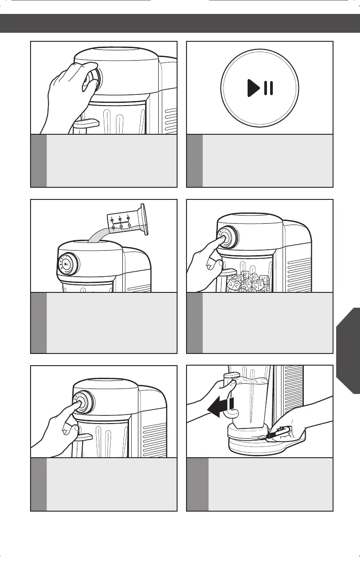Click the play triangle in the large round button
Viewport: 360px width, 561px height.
coord(253,88)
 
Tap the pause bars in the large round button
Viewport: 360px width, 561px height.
coord(269,88)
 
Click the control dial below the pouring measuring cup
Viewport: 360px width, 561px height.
coord(67,264)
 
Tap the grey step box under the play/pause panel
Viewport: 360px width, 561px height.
coord(195,160)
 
